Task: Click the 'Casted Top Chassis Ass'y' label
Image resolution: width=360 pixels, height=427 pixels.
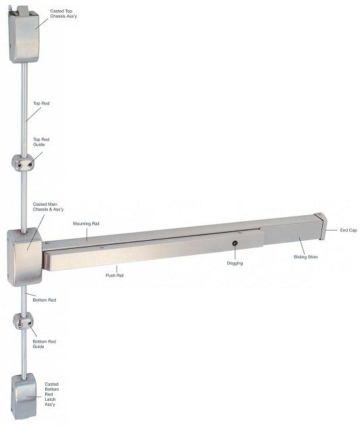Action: pos(63,13)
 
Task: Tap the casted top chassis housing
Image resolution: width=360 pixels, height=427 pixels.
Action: pos(24,34)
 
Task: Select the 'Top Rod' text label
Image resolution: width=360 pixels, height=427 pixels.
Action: pos(41,103)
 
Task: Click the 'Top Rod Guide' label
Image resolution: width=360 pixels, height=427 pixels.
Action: pos(41,142)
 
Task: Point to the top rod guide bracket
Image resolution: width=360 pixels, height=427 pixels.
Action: pos(23,163)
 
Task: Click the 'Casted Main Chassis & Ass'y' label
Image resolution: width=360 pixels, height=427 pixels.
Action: pos(48,206)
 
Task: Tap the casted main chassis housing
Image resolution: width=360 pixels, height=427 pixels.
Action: pos(24,257)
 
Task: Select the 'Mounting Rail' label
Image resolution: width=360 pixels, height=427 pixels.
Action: pos(86,223)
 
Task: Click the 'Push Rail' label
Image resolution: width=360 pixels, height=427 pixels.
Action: pos(115,275)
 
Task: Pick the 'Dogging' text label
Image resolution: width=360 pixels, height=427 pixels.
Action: pos(235,263)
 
